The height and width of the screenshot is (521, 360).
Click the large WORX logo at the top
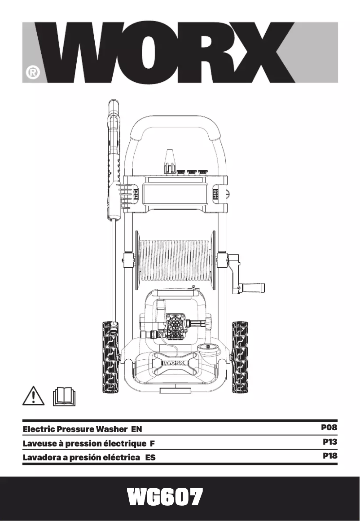click(x=180, y=53)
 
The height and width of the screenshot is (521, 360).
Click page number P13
click(x=329, y=442)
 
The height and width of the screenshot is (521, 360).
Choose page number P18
click(x=329, y=456)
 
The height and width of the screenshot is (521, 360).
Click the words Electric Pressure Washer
click(x=74, y=429)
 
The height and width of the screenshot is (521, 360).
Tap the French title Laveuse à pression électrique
click(x=85, y=444)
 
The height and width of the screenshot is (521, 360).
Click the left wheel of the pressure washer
click(x=110, y=357)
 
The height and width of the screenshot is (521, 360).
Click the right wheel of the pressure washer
click(x=240, y=357)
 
